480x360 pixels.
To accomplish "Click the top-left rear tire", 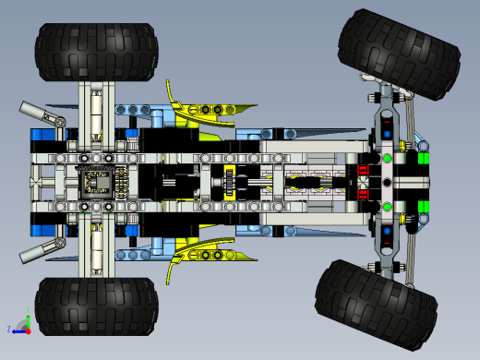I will [x=97, y=52].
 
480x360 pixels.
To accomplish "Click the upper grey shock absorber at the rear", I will [x=42, y=114].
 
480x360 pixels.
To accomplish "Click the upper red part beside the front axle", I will [x=363, y=170].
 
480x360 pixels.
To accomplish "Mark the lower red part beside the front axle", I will [x=363, y=194].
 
